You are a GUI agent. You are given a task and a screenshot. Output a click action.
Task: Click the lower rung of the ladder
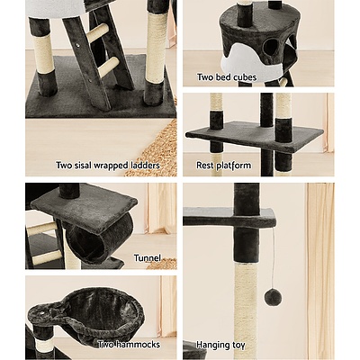(x=107, y=67)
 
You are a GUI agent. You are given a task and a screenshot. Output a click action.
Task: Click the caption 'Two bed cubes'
(x=227, y=78)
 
